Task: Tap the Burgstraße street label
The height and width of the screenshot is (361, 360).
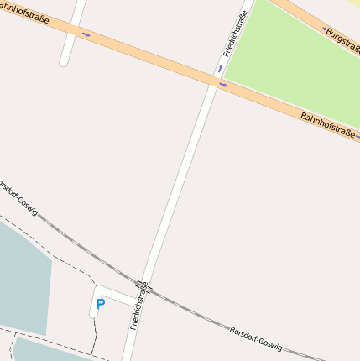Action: tap(342, 42)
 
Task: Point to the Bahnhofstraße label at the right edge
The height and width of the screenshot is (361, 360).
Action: tap(328, 124)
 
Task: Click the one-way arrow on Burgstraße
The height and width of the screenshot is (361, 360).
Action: tap(324, 29)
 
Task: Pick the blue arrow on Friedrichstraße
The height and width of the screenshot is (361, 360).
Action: tap(221, 67)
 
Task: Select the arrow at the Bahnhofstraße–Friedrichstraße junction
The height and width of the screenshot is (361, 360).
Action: tap(222, 85)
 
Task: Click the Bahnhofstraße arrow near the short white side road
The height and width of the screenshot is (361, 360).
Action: tap(86, 34)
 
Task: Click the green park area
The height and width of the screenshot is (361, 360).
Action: tap(294, 59)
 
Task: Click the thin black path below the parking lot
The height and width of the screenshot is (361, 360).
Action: tap(95, 336)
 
